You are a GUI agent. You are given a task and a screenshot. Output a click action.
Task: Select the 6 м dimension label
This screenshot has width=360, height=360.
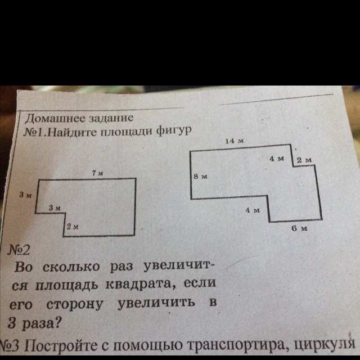299,228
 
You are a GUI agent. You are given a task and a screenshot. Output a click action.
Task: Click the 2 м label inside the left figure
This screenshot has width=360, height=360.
71,226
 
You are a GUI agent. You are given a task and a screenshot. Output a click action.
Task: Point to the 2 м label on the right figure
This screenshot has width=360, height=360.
304,161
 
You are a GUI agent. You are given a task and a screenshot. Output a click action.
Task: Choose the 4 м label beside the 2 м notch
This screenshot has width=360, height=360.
277,159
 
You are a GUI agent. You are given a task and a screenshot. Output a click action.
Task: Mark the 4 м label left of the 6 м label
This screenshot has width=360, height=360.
251,210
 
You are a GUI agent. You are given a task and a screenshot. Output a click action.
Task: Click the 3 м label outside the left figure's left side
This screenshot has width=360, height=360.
24,195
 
